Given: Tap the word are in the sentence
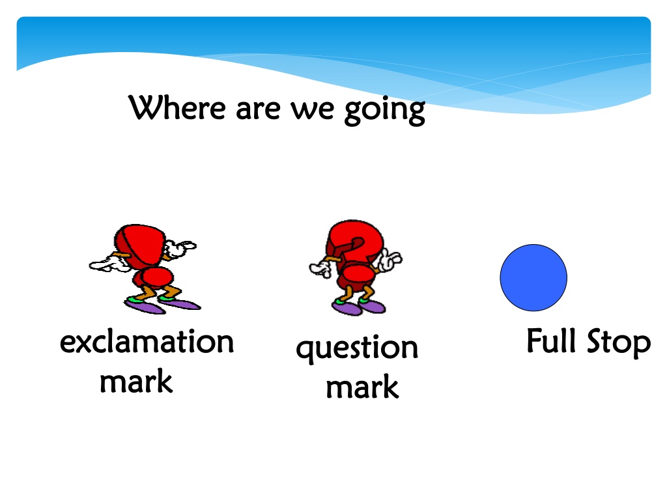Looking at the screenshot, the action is click(258, 109).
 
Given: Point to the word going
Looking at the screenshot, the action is click(384, 111).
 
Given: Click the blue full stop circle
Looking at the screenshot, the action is click(533, 277).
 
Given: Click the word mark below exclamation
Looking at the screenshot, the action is click(136, 381).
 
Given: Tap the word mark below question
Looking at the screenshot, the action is click(362, 387).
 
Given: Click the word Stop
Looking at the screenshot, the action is click(619, 342).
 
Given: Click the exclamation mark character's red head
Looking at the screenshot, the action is click(139, 245).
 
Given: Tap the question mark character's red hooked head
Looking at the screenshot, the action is click(354, 243).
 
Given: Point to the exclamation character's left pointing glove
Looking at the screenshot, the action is click(109, 264).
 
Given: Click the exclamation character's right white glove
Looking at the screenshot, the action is click(180, 248).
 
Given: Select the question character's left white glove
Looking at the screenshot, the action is click(320, 268).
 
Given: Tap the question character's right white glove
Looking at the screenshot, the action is click(390, 260).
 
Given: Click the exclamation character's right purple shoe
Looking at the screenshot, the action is click(180, 303).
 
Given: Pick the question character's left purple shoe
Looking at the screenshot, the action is click(347, 308).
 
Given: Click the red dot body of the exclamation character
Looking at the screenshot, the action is click(154, 277).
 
